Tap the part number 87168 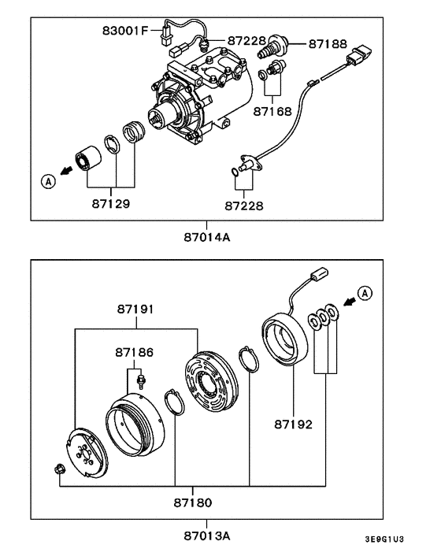pyautogui.click(x=272, y=112)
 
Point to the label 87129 pyautogui.click(x=110, y=203)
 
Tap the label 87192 pyautogui.click(x=293, y=424)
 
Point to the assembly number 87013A pyautogui.click(x=208, y=536)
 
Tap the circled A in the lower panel pyautogui.click(x=364, y=294)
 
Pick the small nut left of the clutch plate pyautogui.click(x=60, y=470)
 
